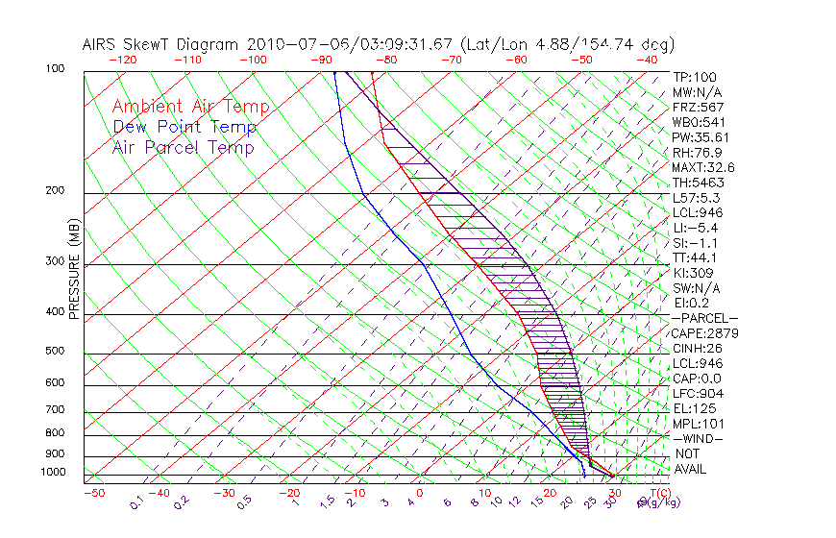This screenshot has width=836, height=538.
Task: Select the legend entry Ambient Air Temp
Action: click(x=190, y=107)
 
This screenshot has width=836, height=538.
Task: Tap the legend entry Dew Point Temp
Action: click(x=184, y=127)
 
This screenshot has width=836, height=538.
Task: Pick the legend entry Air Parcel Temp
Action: click(x=183, y=147)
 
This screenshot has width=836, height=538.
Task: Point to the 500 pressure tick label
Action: click(x=56, y=352)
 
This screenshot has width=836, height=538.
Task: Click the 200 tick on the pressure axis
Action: click(x=56, y=191)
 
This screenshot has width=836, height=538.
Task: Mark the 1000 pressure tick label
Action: click(x=53, y=473)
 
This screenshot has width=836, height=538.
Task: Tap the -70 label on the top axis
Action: click(x=450, y=60)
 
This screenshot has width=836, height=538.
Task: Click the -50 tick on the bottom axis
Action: click(x=93, y=493)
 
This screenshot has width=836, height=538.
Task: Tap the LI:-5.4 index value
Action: click(x=696, y=228)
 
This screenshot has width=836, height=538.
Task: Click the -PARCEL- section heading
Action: click(x=704, y=318)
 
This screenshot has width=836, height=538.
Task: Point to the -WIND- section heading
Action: click(x=699, y=438)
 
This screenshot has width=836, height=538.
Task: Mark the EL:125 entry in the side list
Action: click(x=694, y=408)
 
